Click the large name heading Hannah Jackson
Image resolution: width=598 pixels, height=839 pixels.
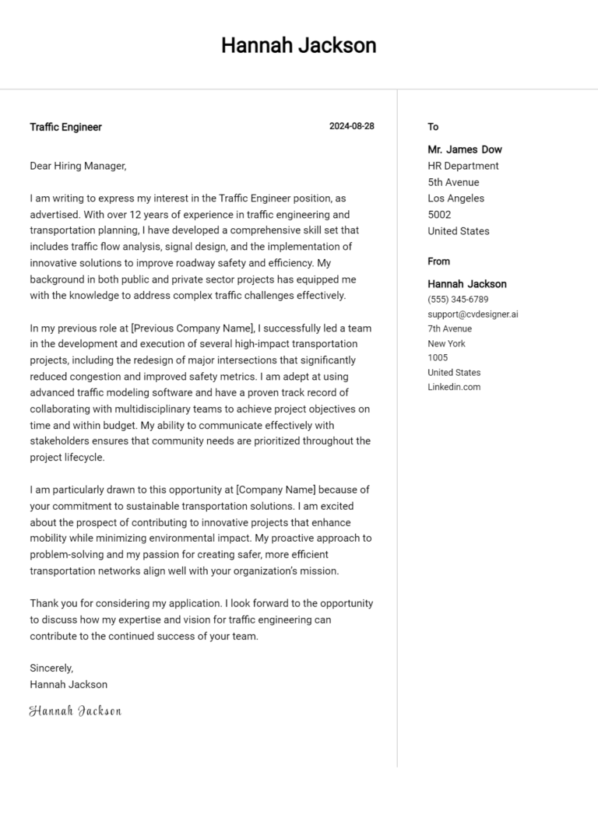(298, 45)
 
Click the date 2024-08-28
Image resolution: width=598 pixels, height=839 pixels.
(351, 126)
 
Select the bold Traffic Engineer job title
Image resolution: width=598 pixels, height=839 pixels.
(65, 127)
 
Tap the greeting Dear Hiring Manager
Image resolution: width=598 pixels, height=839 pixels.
(78, 166)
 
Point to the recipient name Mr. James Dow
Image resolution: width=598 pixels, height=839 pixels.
(465, 149)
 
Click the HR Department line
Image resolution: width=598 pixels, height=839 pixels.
(463, 166)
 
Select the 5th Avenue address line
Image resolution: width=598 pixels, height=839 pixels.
(453, 182)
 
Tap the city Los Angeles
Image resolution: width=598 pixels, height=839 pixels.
(456, 198)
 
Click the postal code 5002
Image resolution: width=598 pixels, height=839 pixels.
(439, 215)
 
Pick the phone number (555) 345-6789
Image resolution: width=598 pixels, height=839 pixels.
(458, 300)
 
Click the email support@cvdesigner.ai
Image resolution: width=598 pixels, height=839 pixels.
(473, 314)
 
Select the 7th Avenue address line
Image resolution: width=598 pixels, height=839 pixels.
(449, 328)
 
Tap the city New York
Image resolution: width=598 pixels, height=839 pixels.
(446, 343)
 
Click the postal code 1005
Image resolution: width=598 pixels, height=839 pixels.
(438, 358)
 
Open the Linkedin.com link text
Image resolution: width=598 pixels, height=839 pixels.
(454, 387)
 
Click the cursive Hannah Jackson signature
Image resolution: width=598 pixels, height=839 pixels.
(76, 711)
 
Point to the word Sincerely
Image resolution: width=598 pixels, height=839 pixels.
(51, 668)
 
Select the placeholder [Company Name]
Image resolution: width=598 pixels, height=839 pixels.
(276, 490)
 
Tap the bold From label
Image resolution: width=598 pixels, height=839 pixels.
(438, 262)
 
